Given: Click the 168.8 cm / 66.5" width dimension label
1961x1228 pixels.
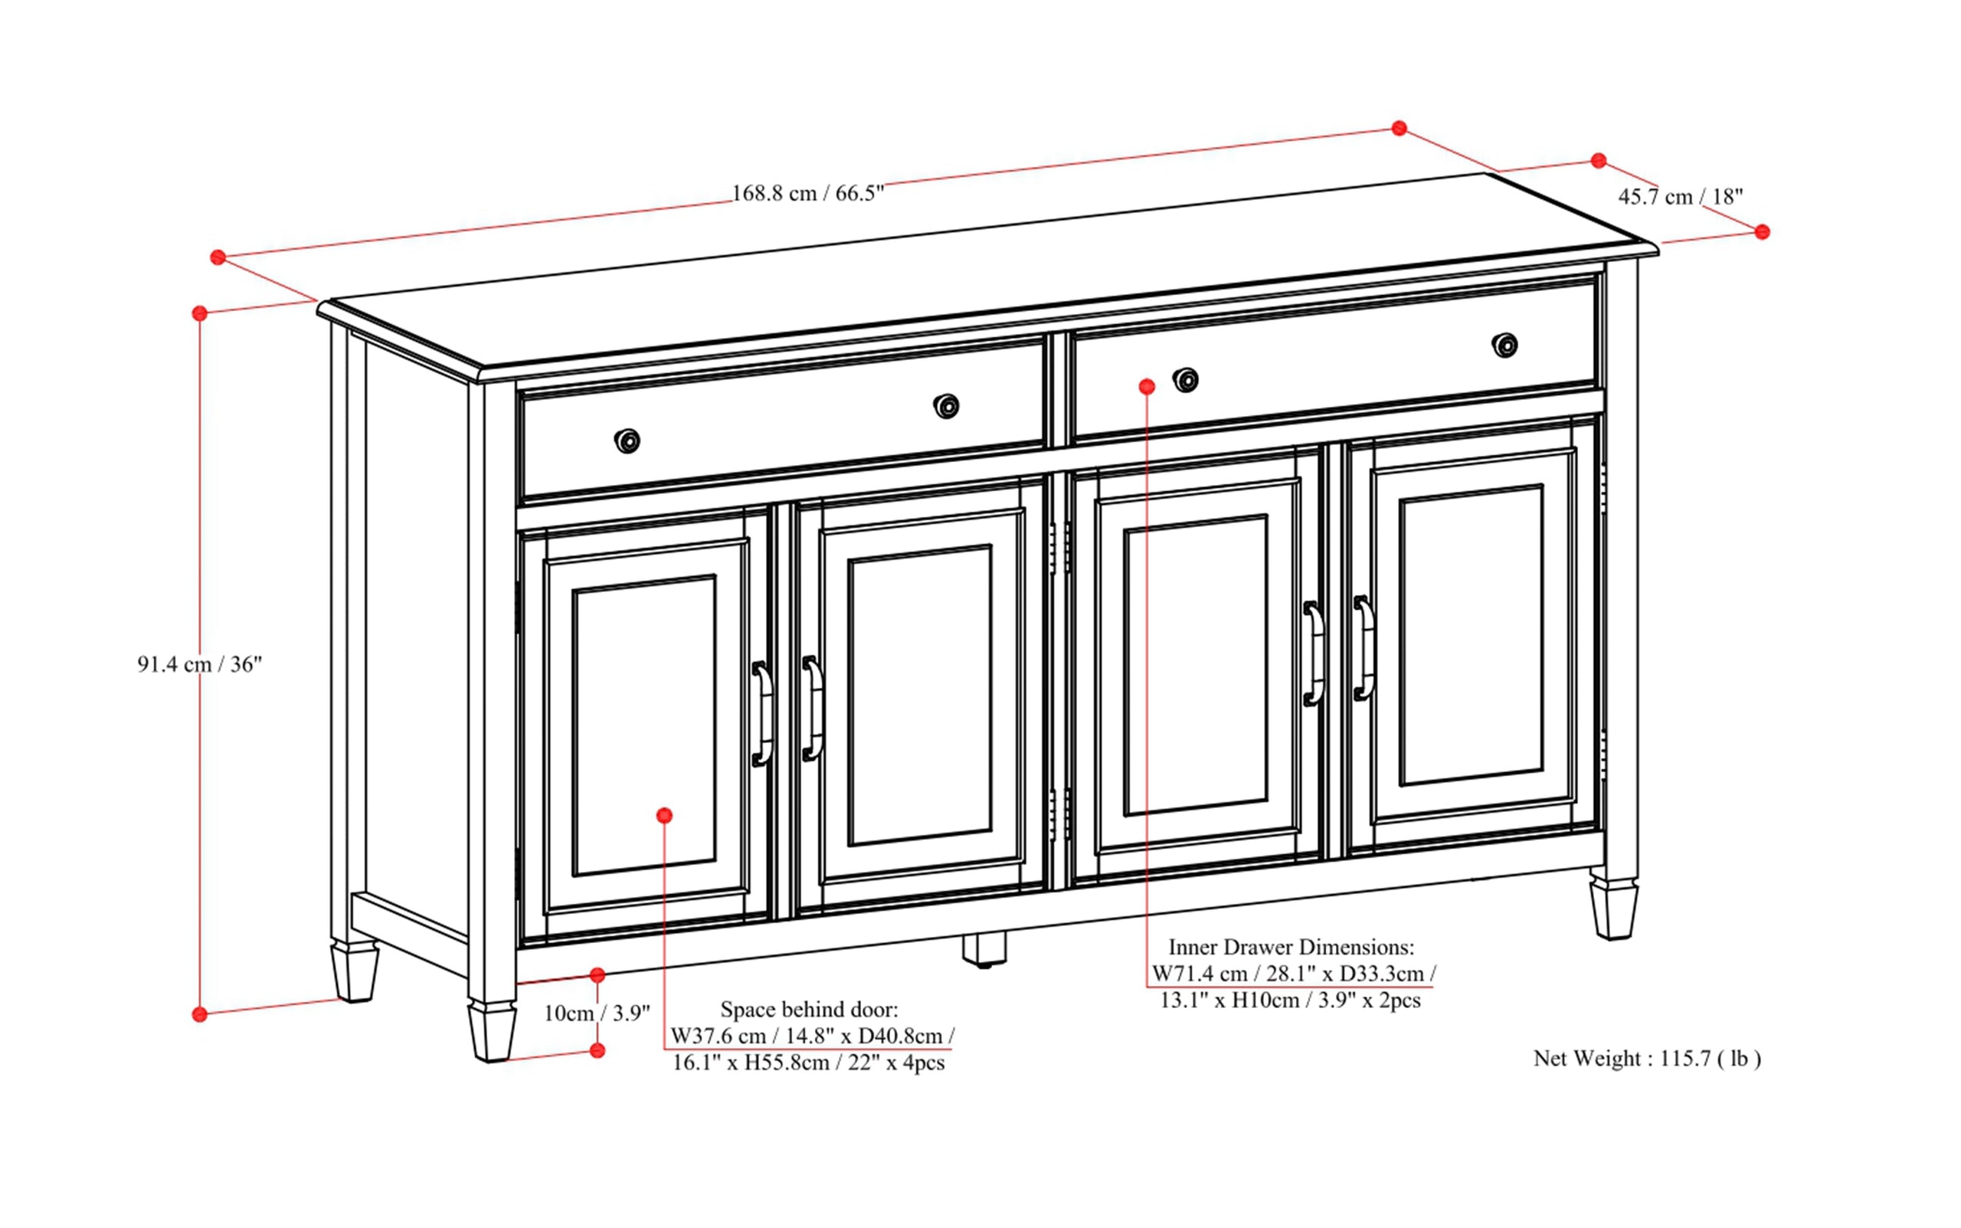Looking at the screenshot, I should pos(807,193).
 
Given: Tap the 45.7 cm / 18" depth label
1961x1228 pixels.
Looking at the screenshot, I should pos(1680,197).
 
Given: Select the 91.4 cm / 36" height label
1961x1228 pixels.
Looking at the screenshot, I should pos(199,664).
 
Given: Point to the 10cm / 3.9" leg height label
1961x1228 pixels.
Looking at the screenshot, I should pos(596,1013).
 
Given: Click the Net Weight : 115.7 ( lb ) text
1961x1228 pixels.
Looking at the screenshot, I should pos(1647,1058).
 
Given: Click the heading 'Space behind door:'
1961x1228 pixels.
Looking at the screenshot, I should pos(809,1010).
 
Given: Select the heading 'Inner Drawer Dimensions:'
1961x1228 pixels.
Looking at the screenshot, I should pos(1291,947).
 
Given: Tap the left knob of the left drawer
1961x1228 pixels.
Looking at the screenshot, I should pos(627,441).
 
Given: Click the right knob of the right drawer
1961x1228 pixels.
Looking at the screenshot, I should pos(1504,345).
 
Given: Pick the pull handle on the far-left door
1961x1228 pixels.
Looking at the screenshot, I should pos(761,714).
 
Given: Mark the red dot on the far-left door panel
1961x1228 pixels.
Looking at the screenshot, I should pos(664,815).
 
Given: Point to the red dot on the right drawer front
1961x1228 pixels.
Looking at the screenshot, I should pos(1147,387).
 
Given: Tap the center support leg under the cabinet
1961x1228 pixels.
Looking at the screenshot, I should pos(984,948).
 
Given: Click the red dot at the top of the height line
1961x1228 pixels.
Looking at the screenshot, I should pos(200,313).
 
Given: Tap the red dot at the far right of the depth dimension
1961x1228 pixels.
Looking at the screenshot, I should pos(1761,232).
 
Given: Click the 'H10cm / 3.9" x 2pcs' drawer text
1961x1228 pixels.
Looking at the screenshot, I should pos(1325,1000).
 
